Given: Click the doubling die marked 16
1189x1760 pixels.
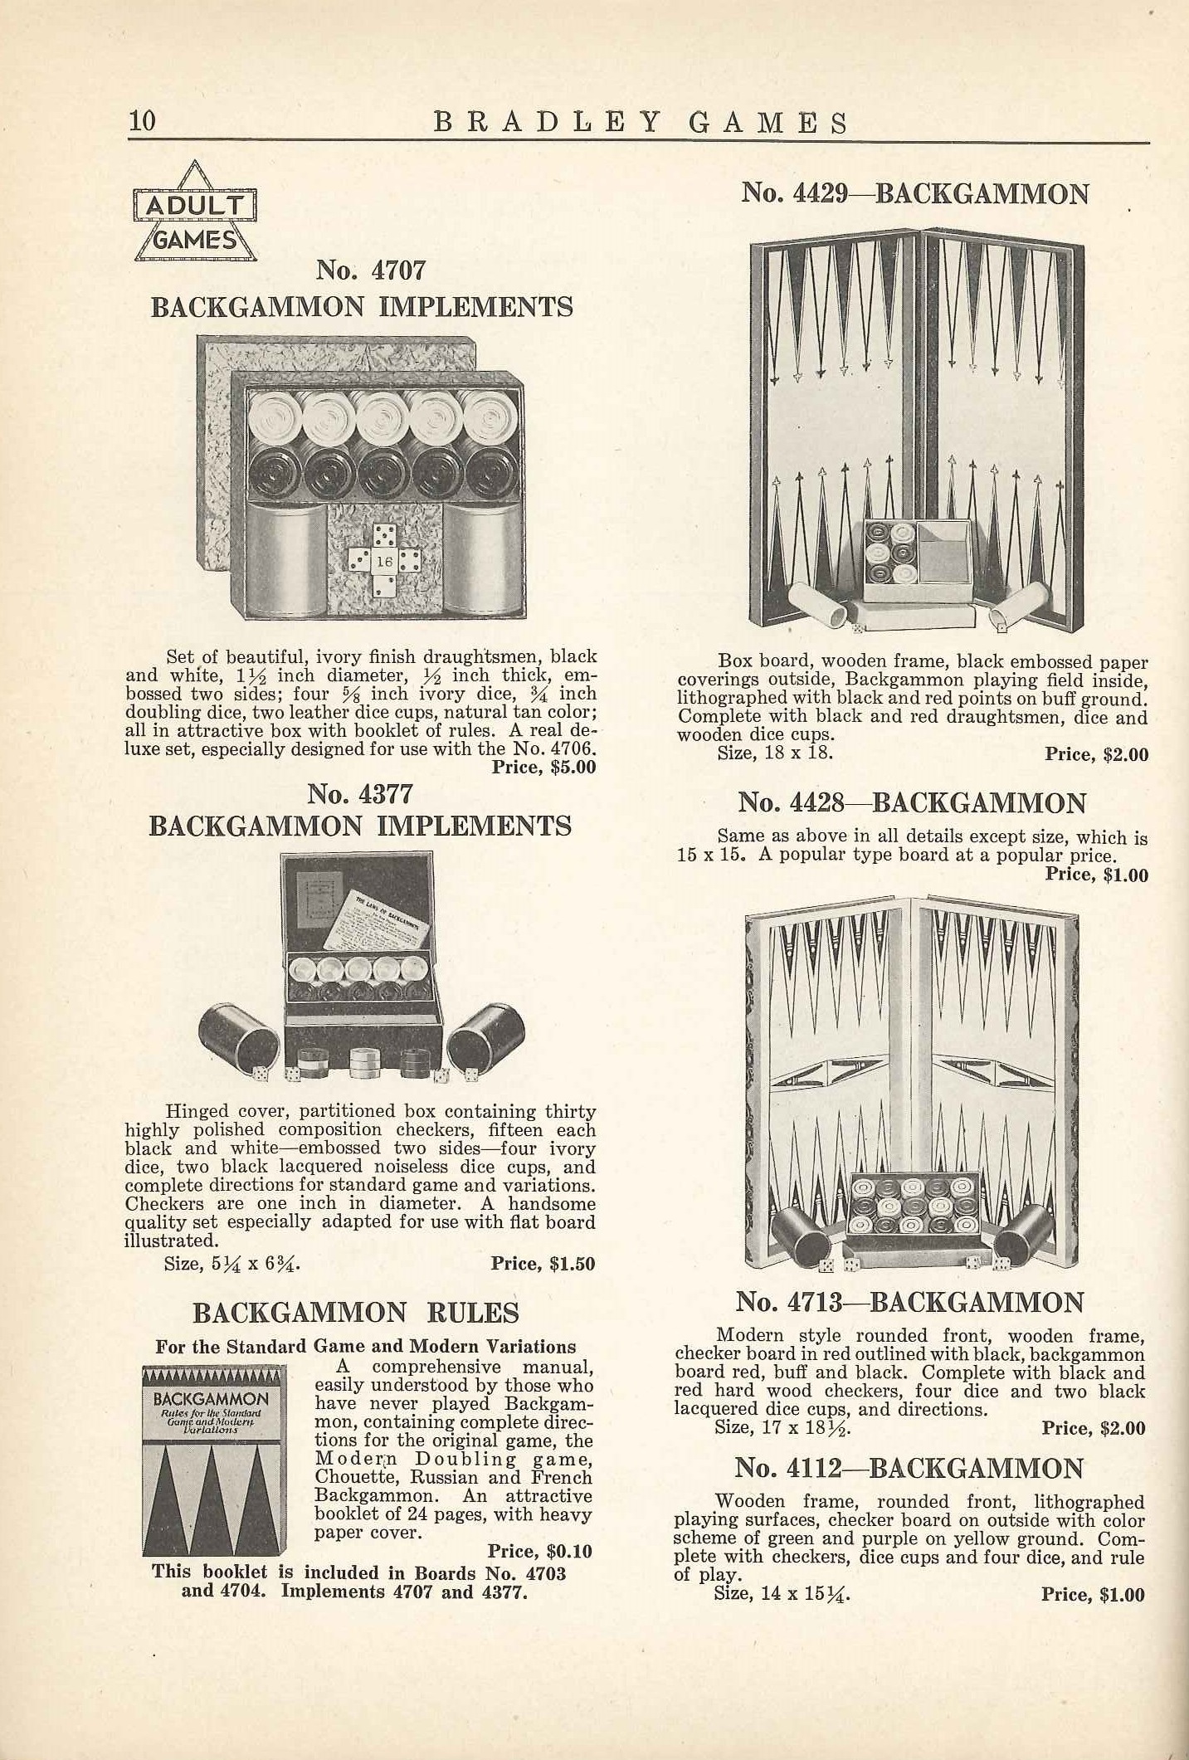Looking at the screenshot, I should coord(384,562).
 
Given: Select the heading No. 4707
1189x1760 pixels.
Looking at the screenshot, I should coord(371,270).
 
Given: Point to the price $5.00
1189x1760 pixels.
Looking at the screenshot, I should coord(543,767).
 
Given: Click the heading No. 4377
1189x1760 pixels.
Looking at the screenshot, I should coord(359,794).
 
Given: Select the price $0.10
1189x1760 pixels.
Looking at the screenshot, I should coord(539,1551).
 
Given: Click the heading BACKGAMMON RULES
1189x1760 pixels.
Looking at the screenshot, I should coord(356,1312).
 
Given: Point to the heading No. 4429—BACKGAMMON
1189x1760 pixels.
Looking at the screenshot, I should coord(914,193).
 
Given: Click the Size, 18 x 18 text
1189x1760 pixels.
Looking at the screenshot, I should coord(775,753).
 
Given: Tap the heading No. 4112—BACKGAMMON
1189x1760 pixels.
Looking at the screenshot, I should coord(909,1468).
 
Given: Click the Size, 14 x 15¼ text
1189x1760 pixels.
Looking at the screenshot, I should coord(782,1594).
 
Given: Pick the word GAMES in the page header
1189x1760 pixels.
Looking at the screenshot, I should coord(769,122).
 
